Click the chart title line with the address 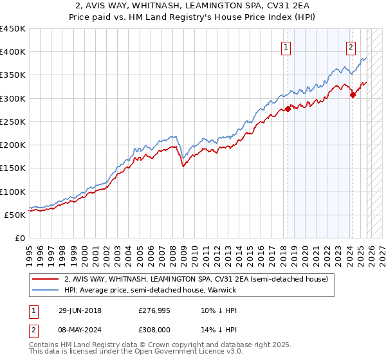tap(193, 6)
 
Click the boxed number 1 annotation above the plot tap(285, 46)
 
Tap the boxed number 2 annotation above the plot tap(351, 46)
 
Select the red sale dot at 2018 tap(288, 109)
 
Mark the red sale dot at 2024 tap(353, 94)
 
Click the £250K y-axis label tap(13, 122)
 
